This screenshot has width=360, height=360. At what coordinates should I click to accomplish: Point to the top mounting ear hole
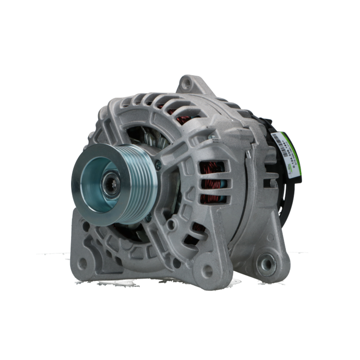tap(186, 84)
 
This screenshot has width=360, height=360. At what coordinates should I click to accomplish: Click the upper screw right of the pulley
tap(158, 165)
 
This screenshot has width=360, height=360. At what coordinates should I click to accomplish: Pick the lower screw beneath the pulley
tap(148, 217)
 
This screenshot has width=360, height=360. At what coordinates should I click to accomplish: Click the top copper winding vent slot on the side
tap(212, 167)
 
